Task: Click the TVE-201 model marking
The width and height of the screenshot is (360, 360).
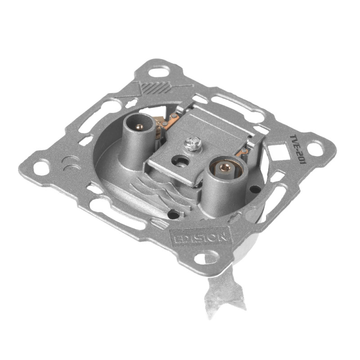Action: tap(298, 149)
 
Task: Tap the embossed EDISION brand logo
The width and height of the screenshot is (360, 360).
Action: tap(201, 236)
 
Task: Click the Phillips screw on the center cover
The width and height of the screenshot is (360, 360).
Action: tap(193, 144)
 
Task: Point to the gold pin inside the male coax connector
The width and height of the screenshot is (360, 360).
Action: tap(139, 126)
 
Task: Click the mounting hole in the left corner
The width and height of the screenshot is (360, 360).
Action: tap(41, 166)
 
